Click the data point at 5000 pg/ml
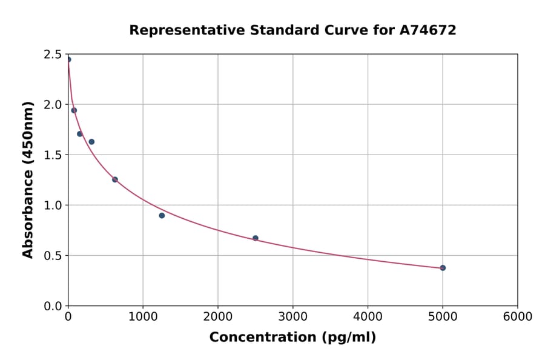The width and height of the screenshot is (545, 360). [443, 268]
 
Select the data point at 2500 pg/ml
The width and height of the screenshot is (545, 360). [256, 238]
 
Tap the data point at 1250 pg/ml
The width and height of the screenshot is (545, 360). [162, 216]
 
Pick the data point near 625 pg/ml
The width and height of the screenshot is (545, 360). [115, 179]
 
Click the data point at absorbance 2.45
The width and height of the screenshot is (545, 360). [68, 59]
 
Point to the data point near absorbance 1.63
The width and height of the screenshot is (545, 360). [91, 142]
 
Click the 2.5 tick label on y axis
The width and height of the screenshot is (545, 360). [53, 55]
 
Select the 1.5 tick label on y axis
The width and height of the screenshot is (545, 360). [53, 155]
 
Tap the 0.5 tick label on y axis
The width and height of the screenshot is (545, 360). [53, 256]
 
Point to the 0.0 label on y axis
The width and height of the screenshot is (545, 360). [53, 306]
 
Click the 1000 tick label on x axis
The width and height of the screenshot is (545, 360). [143, 317]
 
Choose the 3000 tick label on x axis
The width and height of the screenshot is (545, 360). [293, 317]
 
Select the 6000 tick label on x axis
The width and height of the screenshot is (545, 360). [518, 317]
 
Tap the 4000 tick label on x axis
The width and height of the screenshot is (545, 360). [368, 317]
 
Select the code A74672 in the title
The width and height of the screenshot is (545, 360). [428, 30]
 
